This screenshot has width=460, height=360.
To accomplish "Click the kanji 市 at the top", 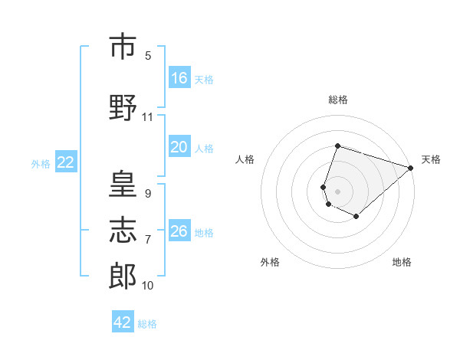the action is click(123, 46).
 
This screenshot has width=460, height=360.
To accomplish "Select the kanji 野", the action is click(123, 107).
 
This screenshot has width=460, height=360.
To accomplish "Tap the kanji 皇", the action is click(123, 184).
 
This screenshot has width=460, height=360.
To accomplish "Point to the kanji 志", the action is click(123, 230).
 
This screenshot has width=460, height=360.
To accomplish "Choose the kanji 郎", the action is click(123, 276).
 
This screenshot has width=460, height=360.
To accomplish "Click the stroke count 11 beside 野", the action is click(147, 117).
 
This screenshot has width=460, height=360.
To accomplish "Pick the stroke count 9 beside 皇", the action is click(148, 194).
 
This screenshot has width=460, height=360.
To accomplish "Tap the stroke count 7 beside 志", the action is click(148, 240).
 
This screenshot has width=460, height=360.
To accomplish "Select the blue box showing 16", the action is click(179, 77).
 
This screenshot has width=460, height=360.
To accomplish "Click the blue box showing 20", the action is click(179, 146).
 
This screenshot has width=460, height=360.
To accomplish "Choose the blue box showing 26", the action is click(179, 230).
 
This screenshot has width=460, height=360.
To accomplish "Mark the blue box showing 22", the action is click(66, 162).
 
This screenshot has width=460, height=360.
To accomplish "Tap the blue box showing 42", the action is click(123, 321).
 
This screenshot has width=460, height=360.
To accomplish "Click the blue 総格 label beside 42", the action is click(147, 324).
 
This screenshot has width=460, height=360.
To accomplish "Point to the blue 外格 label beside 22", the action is click(41, 164).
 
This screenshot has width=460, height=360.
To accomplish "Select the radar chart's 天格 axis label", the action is click(431, 159).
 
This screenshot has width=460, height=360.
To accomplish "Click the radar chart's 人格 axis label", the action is click(245, 159).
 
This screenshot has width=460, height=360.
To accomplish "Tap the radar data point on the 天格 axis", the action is click(411, 168).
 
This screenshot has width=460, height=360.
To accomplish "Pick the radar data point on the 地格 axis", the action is click(356, 217).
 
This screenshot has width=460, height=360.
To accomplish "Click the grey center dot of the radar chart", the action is click(337, 191).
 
